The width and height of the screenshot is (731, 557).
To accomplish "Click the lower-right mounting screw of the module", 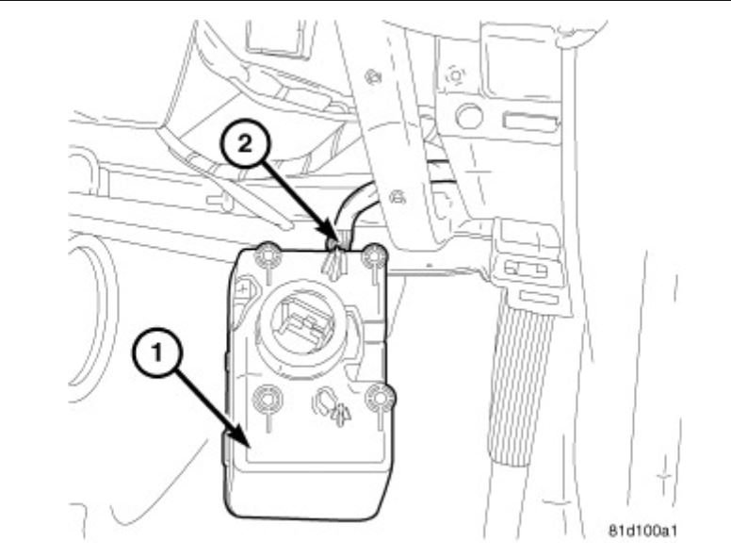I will point(379,398).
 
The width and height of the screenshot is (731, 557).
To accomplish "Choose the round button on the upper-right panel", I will point(465,115).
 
